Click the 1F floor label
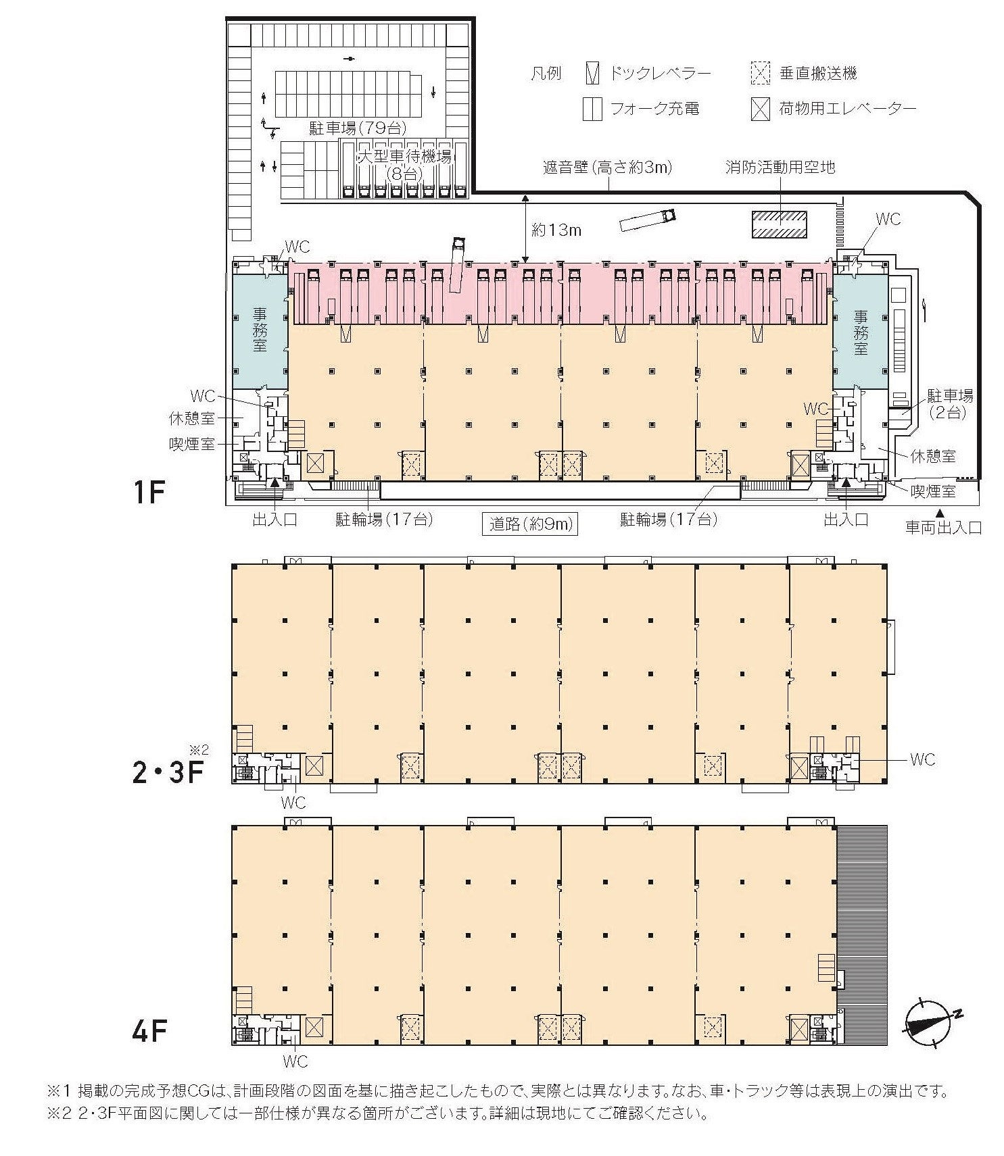(149, 493)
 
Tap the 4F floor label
(149, 1032)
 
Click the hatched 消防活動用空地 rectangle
(780, 224)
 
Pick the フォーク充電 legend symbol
(592, 109)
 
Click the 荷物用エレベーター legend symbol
(761, 109)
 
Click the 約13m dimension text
(556, 230)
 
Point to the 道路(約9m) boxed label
(529, 524)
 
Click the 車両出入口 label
(943, 528)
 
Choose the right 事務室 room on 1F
(860, 331)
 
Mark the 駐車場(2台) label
(950, 404)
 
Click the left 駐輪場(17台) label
(384, 520)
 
